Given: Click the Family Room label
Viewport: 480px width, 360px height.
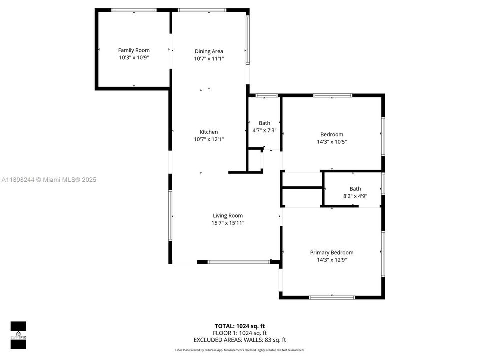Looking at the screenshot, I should (x=134, y=50).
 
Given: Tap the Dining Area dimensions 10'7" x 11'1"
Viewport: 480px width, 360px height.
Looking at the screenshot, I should (x=209, y=59).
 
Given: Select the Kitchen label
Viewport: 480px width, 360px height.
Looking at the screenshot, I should (x=209, y=132).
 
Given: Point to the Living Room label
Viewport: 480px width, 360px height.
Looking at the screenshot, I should (x=228, y=216).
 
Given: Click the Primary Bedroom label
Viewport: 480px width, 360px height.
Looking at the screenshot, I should (x=331, y=253).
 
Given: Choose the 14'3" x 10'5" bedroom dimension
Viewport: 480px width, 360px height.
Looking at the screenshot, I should (x=332, y=142).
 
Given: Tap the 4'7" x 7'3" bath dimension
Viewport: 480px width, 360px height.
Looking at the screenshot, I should (x=264, y=130).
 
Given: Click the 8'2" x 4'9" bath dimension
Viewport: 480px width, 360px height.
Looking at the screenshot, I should (x=355, y=196).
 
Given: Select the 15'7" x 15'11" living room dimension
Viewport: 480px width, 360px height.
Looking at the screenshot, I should (x=228, y=223).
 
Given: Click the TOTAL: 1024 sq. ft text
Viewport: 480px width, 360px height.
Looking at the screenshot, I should (x=239, y=326).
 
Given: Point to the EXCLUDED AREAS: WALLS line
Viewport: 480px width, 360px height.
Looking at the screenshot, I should (x=239, y=340).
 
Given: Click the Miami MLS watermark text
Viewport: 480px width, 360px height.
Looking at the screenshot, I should (x=49, y=180).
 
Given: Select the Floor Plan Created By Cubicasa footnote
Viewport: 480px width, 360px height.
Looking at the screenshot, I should (x=239, y=350).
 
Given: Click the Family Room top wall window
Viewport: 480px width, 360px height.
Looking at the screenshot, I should (x=134, y=10).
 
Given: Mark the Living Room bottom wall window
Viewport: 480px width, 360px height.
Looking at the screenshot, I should (x=239, y=261).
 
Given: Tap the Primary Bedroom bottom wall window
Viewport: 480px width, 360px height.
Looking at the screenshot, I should (x=332, y=297).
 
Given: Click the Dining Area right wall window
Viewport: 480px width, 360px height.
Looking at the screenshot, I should (x=247, y=39).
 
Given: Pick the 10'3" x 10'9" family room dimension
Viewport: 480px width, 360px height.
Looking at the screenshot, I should (x=134, y=58).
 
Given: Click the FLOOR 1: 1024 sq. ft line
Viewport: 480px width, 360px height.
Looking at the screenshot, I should (x=239, y=333).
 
